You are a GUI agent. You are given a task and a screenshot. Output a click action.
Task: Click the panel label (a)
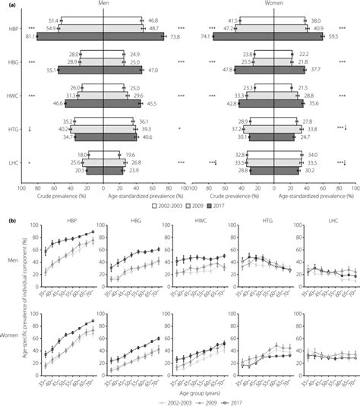tap(7, 4)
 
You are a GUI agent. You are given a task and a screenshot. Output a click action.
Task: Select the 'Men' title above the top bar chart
tap(103, 4)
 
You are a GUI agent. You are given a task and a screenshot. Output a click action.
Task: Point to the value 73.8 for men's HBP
tap(175, 36)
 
